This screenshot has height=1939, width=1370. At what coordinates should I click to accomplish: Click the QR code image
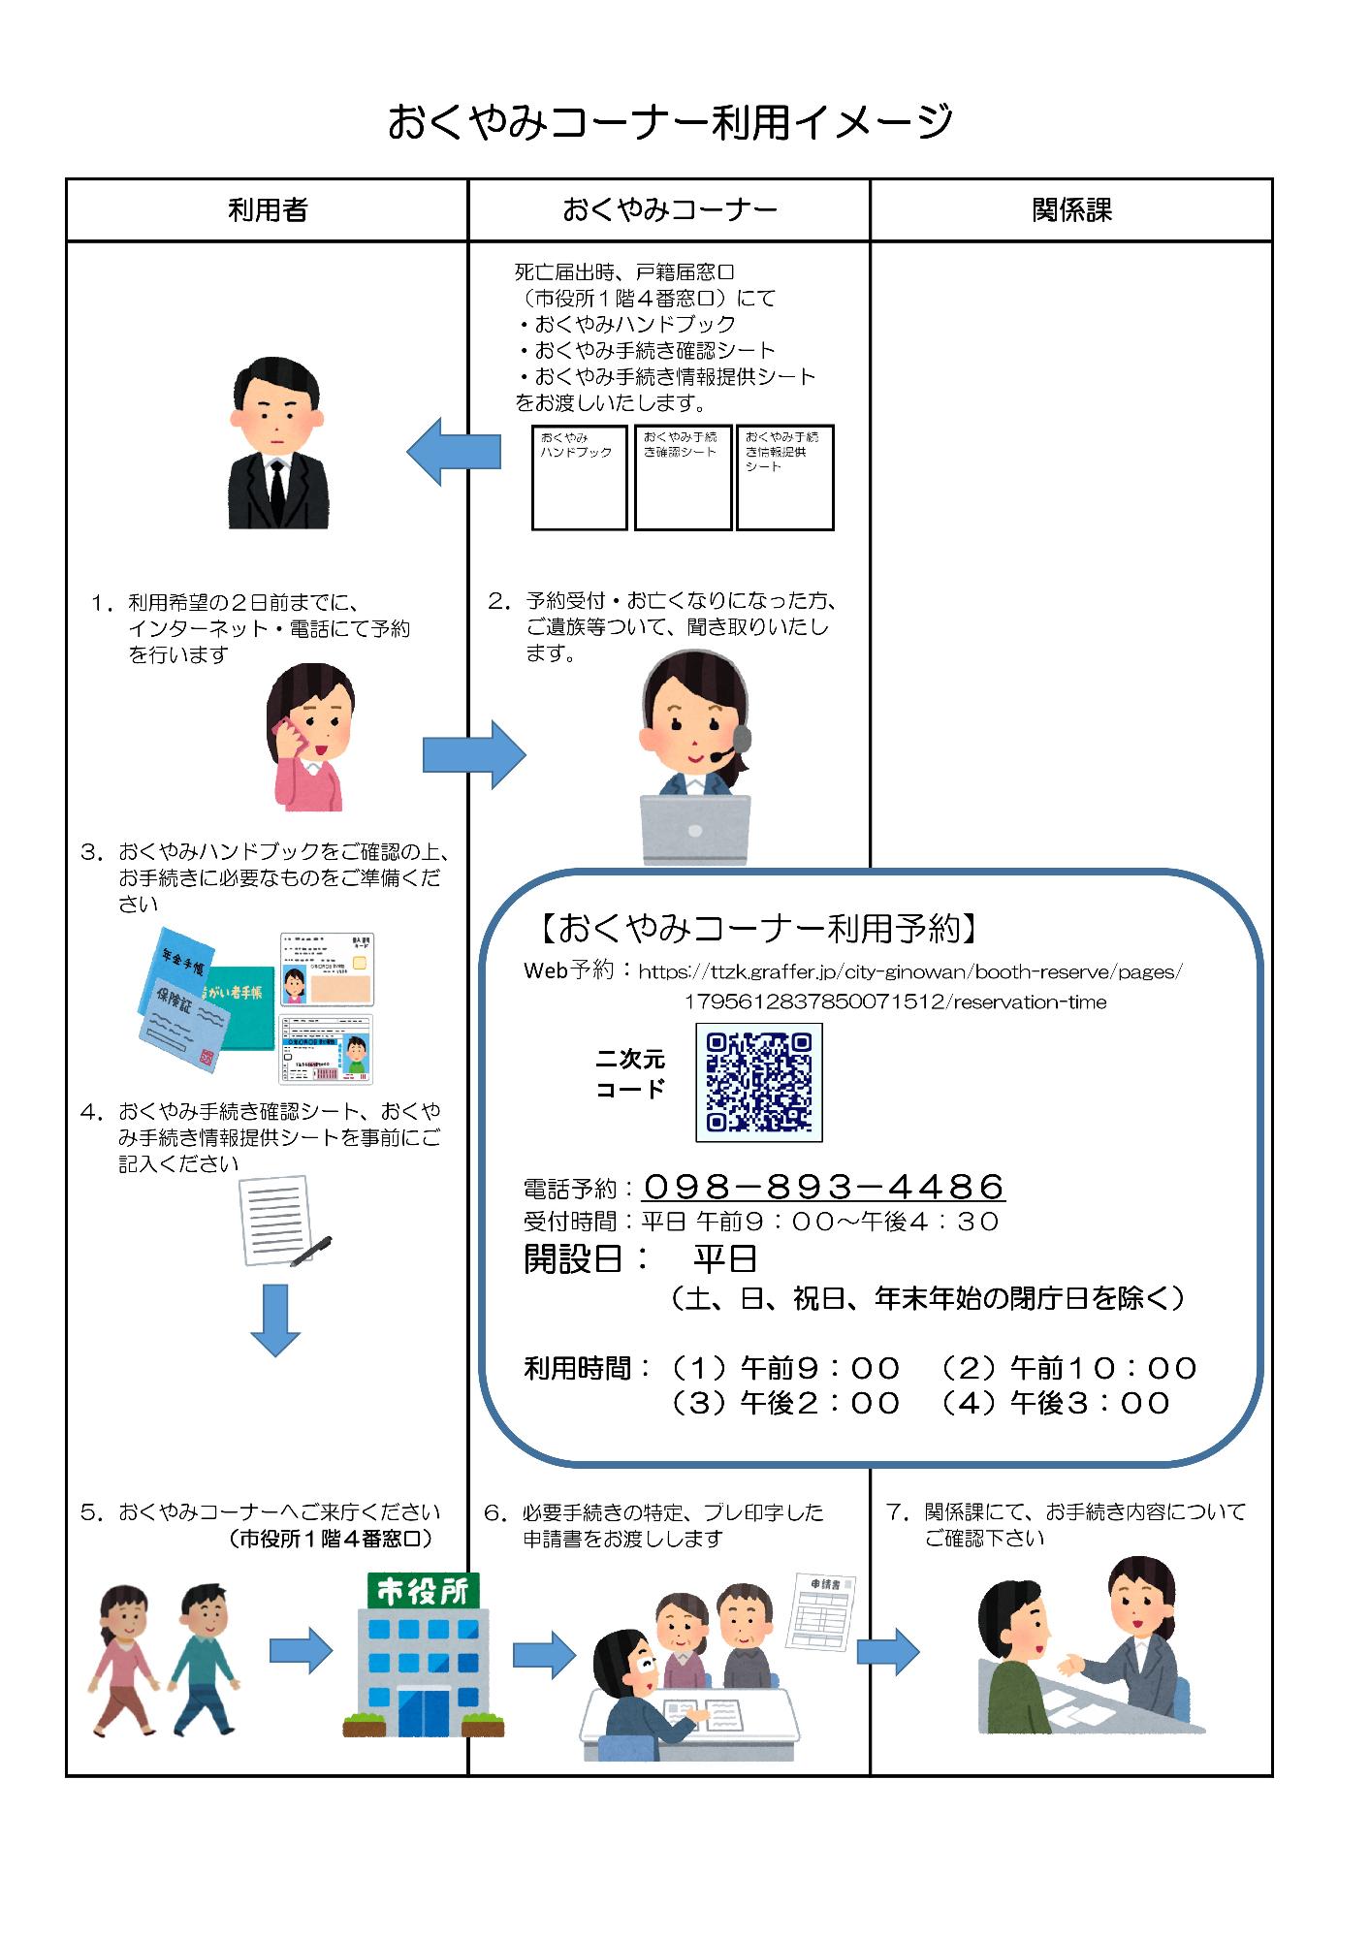(x=758, y=1082)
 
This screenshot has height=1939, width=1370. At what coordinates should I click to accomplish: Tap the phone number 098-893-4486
(x=822, y=1186)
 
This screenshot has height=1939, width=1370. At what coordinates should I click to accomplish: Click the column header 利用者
(x=267, y=210)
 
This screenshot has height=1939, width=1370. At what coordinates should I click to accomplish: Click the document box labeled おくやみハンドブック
(x=579, y=477)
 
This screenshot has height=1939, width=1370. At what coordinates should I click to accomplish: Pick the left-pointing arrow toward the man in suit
(x=454, y=452)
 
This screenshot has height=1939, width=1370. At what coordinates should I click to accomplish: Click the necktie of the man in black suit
(x=278, y=490)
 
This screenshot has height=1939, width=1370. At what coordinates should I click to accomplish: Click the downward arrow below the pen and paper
(x=275, y=1319)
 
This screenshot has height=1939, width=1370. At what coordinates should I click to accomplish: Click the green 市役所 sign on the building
(x=422, y=1591)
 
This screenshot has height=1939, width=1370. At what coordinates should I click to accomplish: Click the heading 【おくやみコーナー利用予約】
(x=757, y=929)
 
